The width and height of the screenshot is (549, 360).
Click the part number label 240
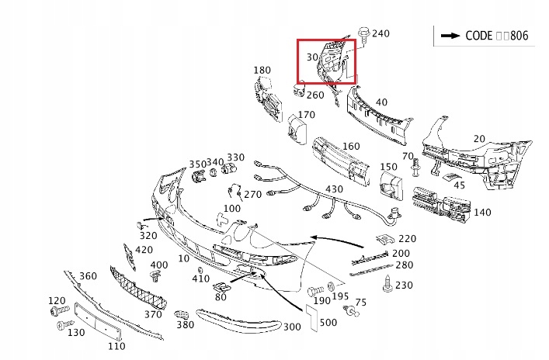point(380,33)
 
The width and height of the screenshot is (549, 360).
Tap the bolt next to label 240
point(363,34)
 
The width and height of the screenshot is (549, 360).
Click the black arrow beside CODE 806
point(450,36)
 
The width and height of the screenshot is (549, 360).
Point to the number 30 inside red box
point(312,57)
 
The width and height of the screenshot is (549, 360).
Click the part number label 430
point(334,190)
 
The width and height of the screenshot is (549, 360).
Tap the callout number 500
point(328,323)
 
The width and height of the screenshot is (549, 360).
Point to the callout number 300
point(291,327)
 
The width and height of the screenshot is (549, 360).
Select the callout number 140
point(481,212)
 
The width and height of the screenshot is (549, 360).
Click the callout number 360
point(88,276)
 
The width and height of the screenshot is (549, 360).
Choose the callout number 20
point(479,139)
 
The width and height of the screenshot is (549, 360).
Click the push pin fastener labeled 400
point(155,275)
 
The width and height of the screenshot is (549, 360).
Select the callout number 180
point(262,71)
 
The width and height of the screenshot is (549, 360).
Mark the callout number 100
point(231,208)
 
